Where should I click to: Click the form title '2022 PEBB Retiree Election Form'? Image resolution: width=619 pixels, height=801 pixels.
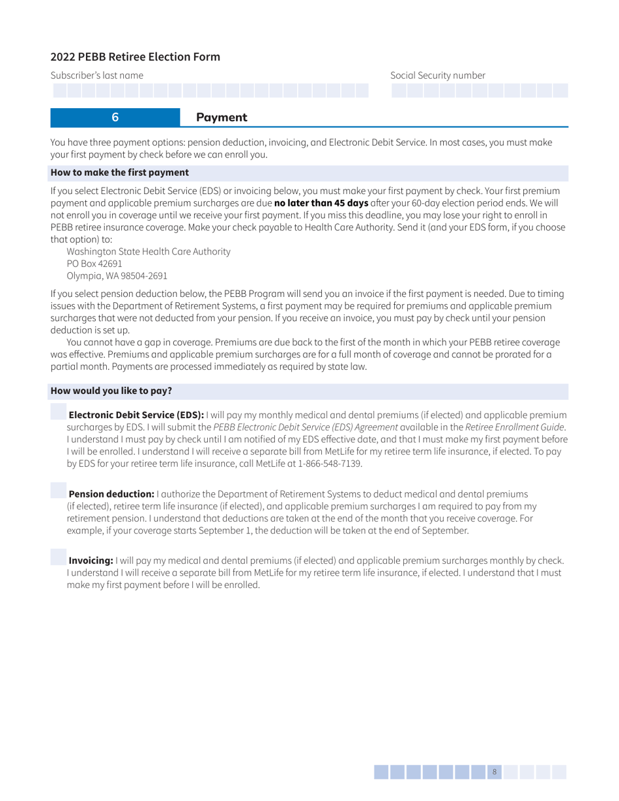pos(136,57)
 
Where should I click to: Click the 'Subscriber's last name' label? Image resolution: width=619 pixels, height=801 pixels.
pos(97,76)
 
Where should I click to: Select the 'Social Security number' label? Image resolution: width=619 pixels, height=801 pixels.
pos(438,76)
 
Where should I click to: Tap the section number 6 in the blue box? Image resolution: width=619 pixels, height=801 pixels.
pos(115,117)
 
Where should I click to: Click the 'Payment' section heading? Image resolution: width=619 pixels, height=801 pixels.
pos(222,117)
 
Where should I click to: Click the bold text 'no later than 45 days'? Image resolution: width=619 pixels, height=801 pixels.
pos(321,203)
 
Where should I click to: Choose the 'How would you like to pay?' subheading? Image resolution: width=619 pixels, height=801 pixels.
pos(111,391)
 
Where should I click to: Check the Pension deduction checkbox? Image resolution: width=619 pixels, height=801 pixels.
pos(59,490)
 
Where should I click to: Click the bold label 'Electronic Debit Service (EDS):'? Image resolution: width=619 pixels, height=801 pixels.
pos(137,415)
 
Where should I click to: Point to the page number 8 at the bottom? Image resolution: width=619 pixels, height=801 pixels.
pos(495,772)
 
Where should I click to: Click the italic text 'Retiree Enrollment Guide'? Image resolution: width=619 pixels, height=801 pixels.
pos(514,427)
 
